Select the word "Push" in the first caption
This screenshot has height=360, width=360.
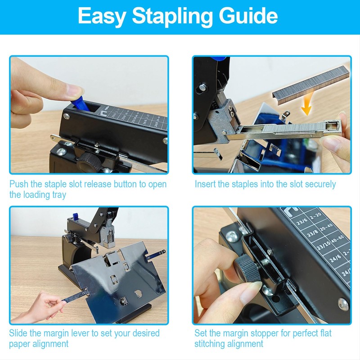click(x=19, y=184)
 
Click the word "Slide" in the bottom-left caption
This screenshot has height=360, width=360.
click(x=19, y=333)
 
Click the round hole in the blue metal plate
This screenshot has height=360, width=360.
click(x=138, y=293)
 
